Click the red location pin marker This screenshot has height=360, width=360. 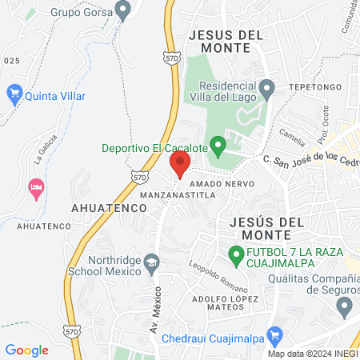[x=180, y=165]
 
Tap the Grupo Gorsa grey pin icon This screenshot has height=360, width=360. [x=122, y=11]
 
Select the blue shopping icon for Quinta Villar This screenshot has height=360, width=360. [x=14, y=94]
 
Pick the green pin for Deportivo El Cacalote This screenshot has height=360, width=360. [x=216, y=146]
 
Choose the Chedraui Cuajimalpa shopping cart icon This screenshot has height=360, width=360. [x=274, y=337]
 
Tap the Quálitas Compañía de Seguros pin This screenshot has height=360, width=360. [x=345, y=305]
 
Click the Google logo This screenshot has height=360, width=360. [x=26, y=350]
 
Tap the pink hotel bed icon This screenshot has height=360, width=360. [x=35, y=189]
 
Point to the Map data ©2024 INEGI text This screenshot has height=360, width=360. [x=312, y=354]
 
